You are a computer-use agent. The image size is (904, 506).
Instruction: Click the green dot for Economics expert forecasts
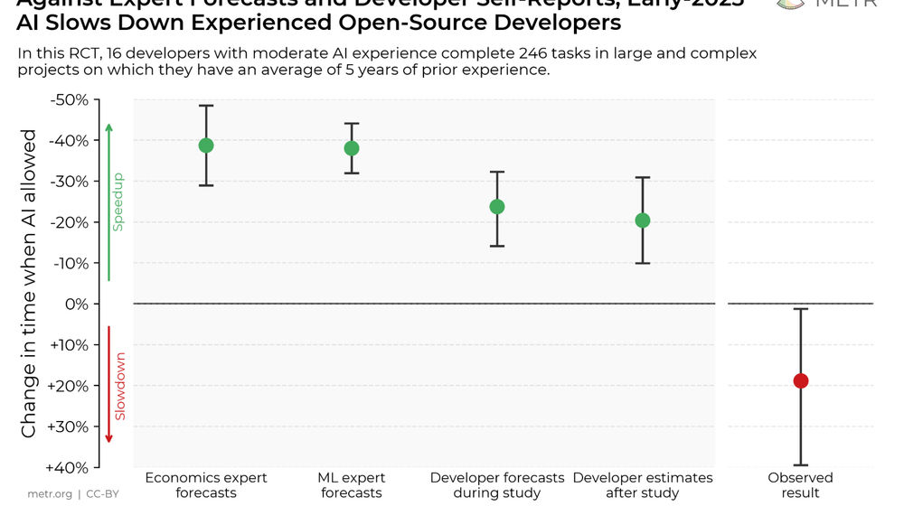[206, 145]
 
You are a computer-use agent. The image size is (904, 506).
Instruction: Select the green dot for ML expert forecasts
[352, 148]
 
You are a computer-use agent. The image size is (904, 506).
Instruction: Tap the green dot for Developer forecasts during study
[497, 207]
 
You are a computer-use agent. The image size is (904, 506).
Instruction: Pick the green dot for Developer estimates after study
[643, 220]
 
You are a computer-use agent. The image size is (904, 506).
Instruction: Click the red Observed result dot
[800, 381]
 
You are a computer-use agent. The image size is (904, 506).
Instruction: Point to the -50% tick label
[68, 99]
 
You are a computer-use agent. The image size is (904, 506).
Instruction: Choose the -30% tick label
[68, 182]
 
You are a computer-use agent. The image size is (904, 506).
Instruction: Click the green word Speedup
[118, 202]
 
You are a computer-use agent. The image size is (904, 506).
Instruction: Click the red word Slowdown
[119, 387]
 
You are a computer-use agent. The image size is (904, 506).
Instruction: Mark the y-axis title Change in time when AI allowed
[29, 284]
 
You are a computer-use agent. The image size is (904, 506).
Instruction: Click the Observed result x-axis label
[800, 485]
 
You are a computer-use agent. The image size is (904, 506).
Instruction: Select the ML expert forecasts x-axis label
[352, 485]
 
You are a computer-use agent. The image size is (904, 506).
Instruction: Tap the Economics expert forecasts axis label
[206, 485]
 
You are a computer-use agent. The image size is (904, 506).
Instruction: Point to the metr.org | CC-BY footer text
[73, 494]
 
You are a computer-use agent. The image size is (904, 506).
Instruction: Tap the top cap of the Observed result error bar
[800, 309]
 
